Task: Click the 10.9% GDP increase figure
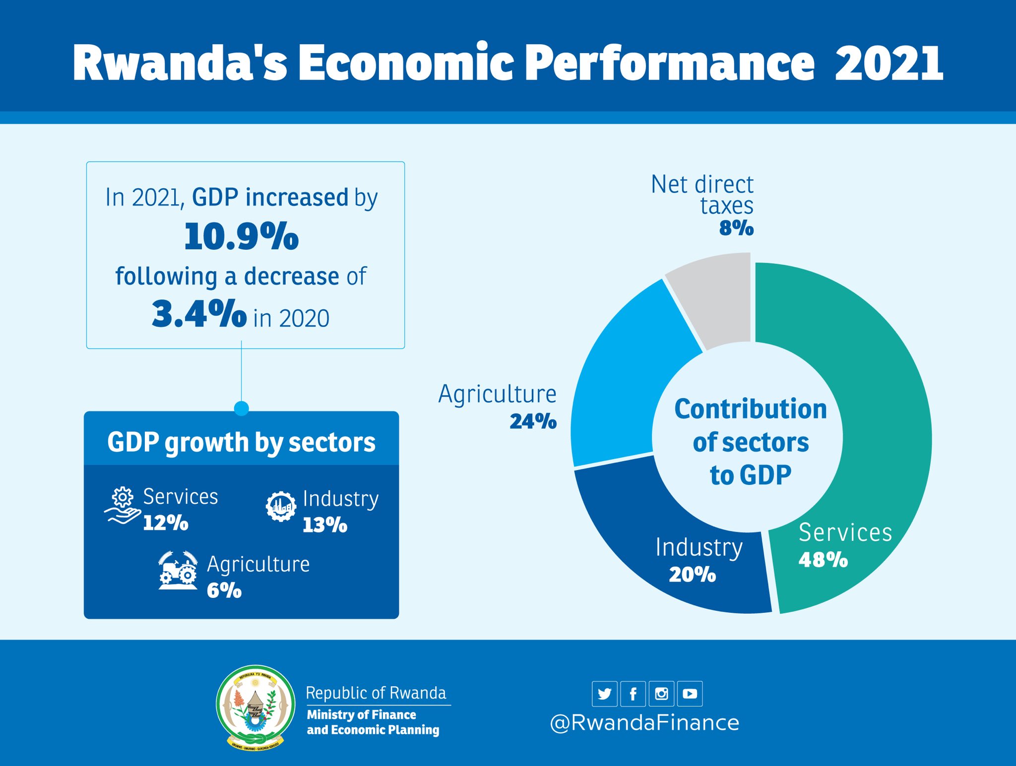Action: [x=242, y=236]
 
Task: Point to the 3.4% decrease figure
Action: [x=199, y=314]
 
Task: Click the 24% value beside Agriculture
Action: [x=533, y=421]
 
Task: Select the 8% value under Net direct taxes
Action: [x=736, y=228]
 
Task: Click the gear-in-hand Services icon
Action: [x=122, y=506]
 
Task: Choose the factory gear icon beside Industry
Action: [x=281, y=506]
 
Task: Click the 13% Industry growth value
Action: [x=325, y=525]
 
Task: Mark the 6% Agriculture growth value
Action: [x=224, y=590]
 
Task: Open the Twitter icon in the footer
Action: [x=604, y=694]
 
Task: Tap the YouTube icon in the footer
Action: [x=690, y=694]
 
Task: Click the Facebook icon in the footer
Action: [x=633, y=694]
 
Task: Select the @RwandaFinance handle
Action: [x=644, y=723]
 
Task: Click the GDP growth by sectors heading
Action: [x=241, y=442]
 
